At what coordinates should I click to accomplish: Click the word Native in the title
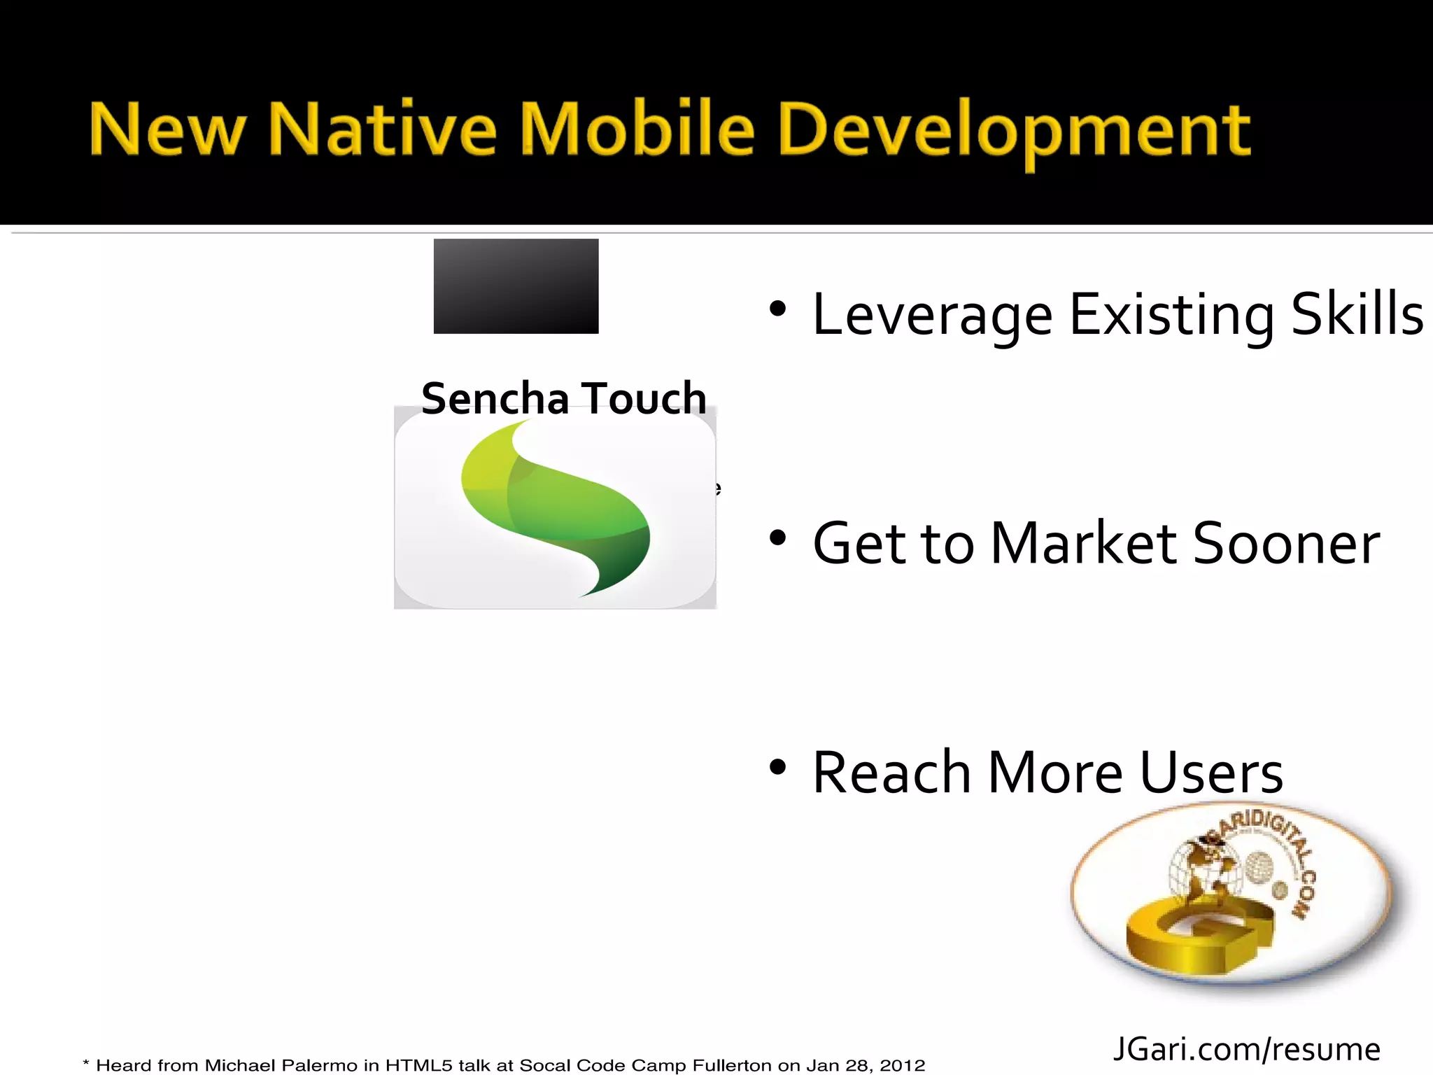click(x=382, y=129)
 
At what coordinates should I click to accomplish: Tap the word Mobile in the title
click(x=637, y=129)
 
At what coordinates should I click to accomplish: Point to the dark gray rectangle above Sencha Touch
click(x=516, y=286)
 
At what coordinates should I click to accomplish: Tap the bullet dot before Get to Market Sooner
click(x=777, y=538)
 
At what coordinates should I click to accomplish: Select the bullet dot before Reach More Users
click(x=777, y=767)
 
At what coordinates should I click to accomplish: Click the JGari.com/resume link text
click(x=1246, y=1049)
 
